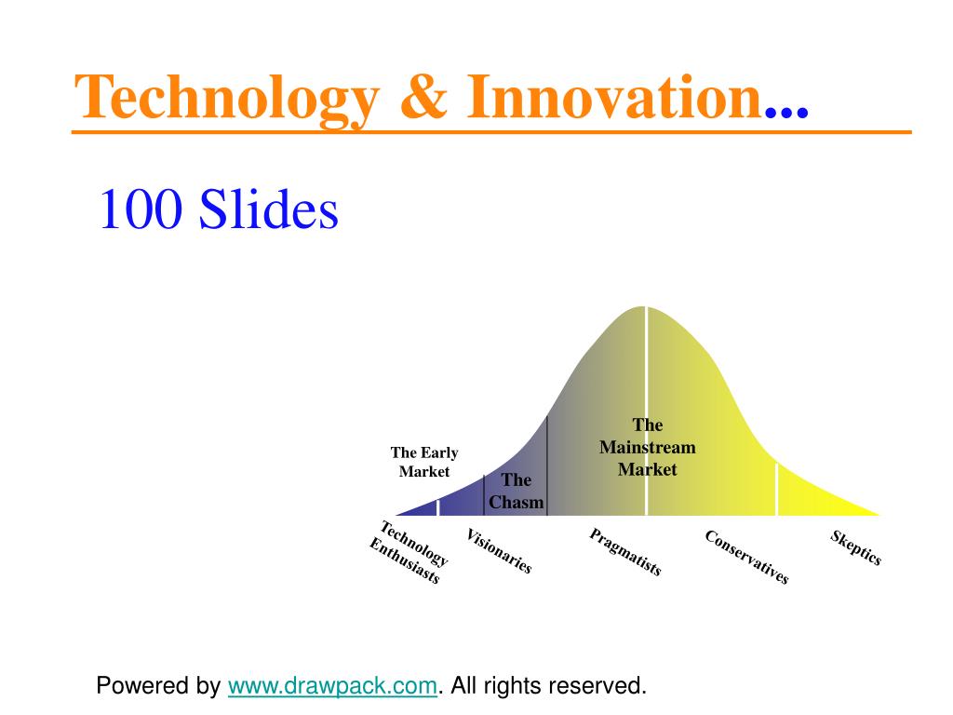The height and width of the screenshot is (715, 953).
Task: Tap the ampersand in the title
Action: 423,96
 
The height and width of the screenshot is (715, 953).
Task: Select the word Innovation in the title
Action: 614,96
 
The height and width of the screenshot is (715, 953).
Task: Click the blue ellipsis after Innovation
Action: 786,112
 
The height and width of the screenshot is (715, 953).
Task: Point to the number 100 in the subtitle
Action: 141,209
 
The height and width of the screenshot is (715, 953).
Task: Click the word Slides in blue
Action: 268,208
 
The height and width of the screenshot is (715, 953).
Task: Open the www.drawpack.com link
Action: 332,686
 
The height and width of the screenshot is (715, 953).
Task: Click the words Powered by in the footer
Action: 158,686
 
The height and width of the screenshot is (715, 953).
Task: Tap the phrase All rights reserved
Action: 548,685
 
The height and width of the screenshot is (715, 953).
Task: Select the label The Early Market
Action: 424,462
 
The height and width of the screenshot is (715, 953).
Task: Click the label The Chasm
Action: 516,492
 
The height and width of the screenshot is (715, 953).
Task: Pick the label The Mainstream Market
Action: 648,447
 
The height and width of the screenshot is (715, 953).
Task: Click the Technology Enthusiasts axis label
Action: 409,552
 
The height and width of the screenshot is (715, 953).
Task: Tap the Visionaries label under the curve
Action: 499,551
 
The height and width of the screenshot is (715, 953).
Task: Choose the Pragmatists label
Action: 625,552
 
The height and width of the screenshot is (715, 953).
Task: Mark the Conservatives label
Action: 747,557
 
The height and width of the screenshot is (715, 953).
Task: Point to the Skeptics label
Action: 856,547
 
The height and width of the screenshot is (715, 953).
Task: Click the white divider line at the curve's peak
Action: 646,411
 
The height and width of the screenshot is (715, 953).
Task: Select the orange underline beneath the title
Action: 491,131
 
